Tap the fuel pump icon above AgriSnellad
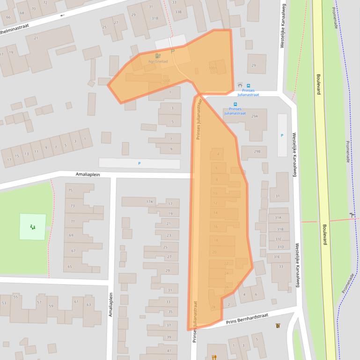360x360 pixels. (158, 56)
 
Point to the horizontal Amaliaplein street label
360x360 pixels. (88, 174)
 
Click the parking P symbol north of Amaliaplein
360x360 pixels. (139, 163)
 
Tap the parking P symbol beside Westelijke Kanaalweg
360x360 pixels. (281, 136)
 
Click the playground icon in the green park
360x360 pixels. (32, 227)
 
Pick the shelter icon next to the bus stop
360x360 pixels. (240, 86)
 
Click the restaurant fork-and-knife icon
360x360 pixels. (214, 357)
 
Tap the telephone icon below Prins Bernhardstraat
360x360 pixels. (277, 325)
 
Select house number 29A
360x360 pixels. (255, 116)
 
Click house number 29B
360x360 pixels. (257, 151)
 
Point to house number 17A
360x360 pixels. (149, 202)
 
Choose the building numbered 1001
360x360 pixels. (213, 68)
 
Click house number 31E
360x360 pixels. (276, 256)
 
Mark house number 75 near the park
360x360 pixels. (71, 190)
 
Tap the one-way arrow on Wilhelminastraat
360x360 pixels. (62, 15)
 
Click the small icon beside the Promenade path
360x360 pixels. (352, 215)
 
